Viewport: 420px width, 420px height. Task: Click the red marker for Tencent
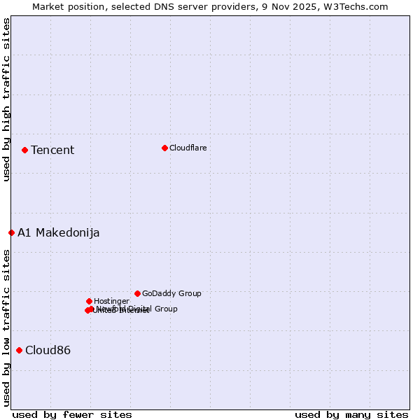point(24,150)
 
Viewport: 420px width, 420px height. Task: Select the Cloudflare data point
point(164,148)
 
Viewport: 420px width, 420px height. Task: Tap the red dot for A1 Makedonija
point(11,232)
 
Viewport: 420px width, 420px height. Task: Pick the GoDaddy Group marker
point(137,293)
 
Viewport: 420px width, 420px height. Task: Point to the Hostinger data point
point(89,301)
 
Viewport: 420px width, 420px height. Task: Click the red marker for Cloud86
point(19,350)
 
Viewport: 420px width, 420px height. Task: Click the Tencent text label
point(52,150)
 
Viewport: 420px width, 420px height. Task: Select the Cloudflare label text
point(188,148)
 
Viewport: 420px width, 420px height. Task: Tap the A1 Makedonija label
point(59,232)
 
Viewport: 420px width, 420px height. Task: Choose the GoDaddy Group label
point(171,293)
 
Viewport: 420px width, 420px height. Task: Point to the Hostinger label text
point(111,301)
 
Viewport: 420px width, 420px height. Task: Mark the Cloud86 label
point(48,350)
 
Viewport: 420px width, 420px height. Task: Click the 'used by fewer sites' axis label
point(72,414)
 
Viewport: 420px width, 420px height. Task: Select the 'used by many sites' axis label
point(351,414)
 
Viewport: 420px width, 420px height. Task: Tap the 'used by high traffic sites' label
point(6,99)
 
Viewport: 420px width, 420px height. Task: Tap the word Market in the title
point(49,6)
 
